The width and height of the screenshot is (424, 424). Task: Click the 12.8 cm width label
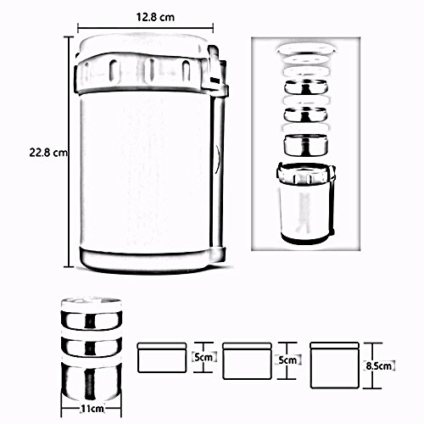click(155, 17)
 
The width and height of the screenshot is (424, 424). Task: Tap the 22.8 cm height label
click(48, 153)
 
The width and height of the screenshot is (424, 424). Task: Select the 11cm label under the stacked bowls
click(92, 409)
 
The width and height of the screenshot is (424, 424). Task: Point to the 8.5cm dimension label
click(379, 365)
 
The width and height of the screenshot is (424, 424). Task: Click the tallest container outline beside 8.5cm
click(335, 365)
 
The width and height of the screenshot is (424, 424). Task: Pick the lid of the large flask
click(141, 45)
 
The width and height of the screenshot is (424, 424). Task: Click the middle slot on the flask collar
click(150, 70)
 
